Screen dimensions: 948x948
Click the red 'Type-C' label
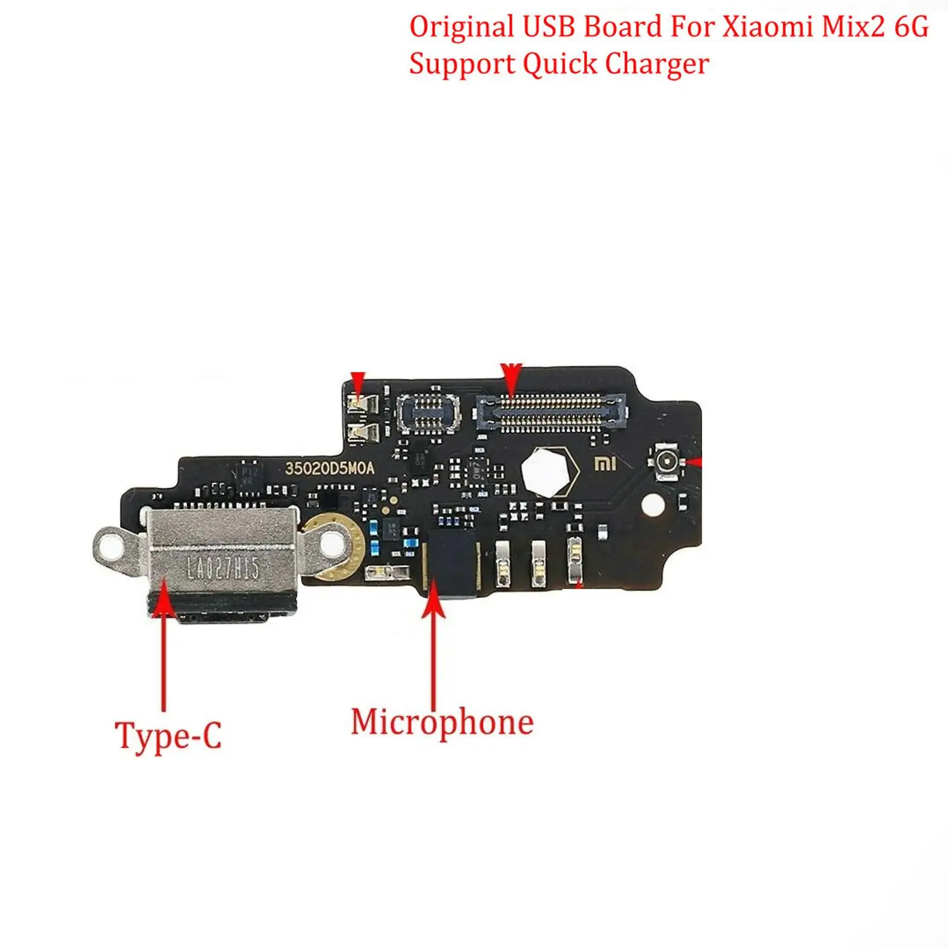coord(168,736)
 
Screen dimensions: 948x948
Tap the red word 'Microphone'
coord(442,722)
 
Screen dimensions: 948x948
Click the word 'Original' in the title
coord(461,27)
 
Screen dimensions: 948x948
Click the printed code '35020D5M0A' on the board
coord(329,468)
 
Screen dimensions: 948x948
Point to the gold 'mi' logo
coord(605,465)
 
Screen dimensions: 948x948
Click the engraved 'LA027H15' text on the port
coord(223,568)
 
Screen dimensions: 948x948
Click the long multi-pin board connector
coord(551,412)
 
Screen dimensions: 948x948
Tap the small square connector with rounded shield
coord(428,413)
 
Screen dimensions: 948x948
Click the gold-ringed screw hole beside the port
coord(330,544)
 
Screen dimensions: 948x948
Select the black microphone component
coord(453,564)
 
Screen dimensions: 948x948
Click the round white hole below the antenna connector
coord(653,504)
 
